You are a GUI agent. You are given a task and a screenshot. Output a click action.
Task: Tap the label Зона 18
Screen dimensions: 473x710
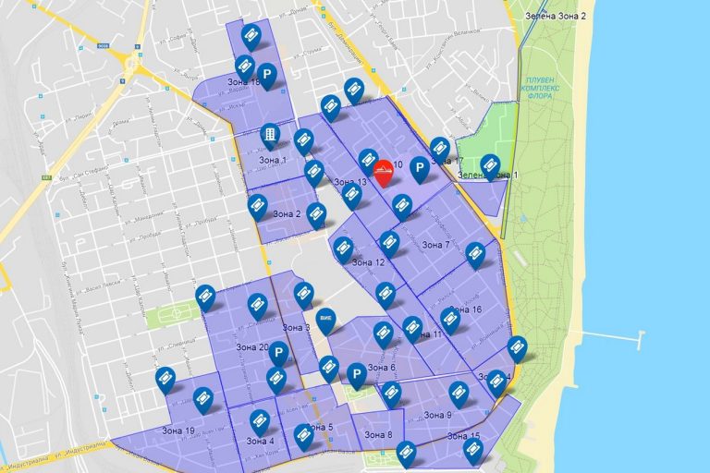point(242,83)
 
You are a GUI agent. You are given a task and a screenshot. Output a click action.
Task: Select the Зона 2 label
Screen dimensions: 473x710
point(285,214)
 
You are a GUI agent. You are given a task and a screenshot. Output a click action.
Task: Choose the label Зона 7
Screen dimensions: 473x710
point(435,245)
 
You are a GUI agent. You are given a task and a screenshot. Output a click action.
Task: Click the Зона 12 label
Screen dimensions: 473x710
point(367,262)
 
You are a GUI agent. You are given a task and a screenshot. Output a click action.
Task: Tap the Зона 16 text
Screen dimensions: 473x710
point(464,309)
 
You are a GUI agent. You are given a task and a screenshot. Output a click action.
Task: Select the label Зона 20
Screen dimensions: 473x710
point(251,347)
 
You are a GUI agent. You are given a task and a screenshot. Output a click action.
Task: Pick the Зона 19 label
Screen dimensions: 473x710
point(177,431)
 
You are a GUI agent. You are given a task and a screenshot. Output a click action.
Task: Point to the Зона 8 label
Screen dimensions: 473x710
point(376,435)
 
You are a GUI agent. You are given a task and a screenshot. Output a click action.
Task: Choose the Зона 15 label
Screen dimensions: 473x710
point(463,436)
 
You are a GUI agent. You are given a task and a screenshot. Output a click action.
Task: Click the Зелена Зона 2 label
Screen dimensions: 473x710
point(555,17)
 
